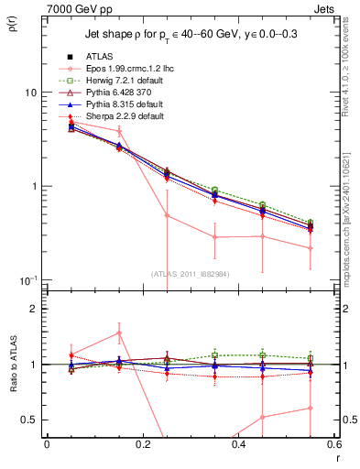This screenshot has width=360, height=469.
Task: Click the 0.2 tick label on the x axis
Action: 142,445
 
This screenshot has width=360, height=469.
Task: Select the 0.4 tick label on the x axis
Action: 238,445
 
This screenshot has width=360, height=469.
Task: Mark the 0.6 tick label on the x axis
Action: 333,445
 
